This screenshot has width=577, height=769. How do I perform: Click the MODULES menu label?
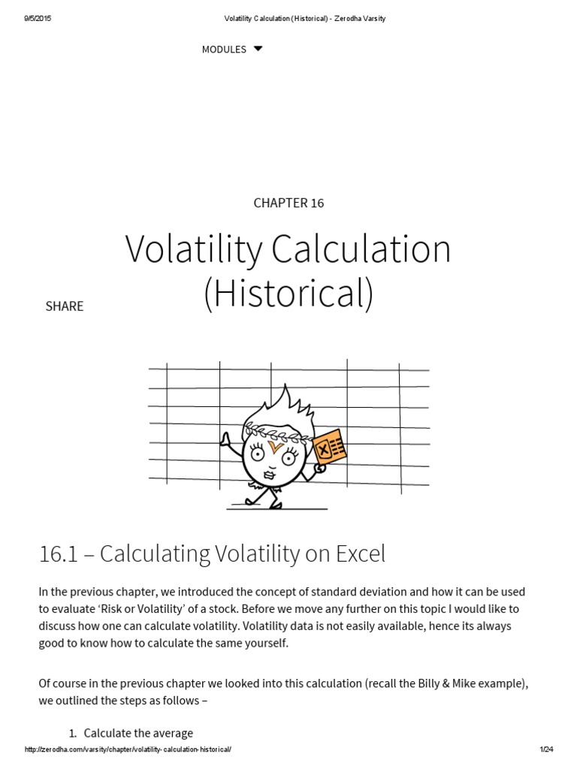(x=224, y=50)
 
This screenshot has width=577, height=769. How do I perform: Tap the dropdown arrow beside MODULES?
(x=258, y=49)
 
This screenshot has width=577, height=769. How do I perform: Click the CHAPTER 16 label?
(x=288, y=203)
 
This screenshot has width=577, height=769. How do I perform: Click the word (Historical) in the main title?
(x=288, y=293)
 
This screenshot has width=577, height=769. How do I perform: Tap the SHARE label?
(x=65, y=306)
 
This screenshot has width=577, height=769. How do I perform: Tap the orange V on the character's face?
(x=274, y=449)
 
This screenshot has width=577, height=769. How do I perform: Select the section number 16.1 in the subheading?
(x=59, y=554)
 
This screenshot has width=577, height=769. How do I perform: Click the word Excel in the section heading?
(x=357, y=554)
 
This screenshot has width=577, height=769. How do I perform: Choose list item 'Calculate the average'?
(x=138, y=733)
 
